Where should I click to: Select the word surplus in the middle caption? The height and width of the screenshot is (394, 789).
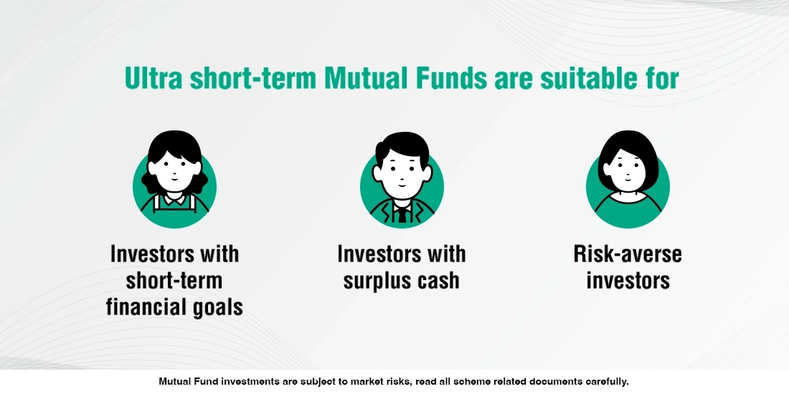[377, 280]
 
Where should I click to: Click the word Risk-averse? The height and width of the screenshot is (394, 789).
[628, 254]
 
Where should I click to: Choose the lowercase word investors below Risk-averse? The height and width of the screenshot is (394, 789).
[628, 280]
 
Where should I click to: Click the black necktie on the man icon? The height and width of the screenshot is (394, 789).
[402, 213]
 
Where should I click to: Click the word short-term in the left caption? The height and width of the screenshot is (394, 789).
[174, 280]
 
